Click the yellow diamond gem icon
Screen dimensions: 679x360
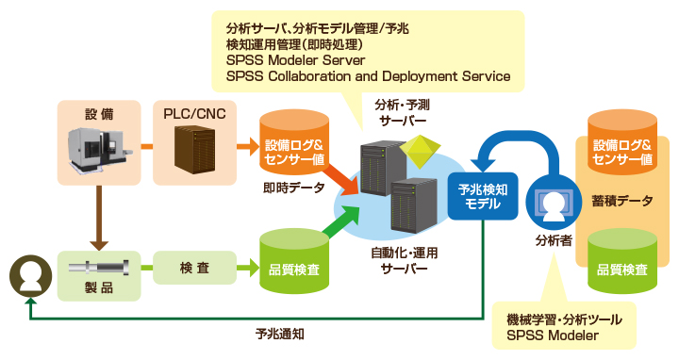coord(420,152)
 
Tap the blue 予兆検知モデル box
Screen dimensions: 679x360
coord(483,196)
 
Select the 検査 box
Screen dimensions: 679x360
coord(195,268)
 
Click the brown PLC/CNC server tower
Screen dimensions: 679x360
coord(194,150)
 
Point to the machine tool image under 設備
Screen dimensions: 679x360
coord(100,148)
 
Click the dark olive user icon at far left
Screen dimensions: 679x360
coord(31,276)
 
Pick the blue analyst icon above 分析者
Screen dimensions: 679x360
coord(554,203)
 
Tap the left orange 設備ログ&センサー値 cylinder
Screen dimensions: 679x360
coord(293,142)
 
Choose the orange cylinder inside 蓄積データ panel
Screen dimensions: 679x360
coord(621,142)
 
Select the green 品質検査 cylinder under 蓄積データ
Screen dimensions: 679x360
coord(622,261)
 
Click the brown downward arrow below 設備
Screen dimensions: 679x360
coord(99,218)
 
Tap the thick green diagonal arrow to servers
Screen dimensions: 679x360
coord(342,221)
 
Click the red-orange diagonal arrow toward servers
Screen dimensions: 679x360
coord(342,177)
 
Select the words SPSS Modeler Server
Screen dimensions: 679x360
coord(295,60)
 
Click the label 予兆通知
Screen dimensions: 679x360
coord(280,334)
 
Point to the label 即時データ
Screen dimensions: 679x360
coord(294,188)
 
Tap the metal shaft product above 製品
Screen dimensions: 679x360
coord(99,268)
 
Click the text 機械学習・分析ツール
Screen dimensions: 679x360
coord(564,319)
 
